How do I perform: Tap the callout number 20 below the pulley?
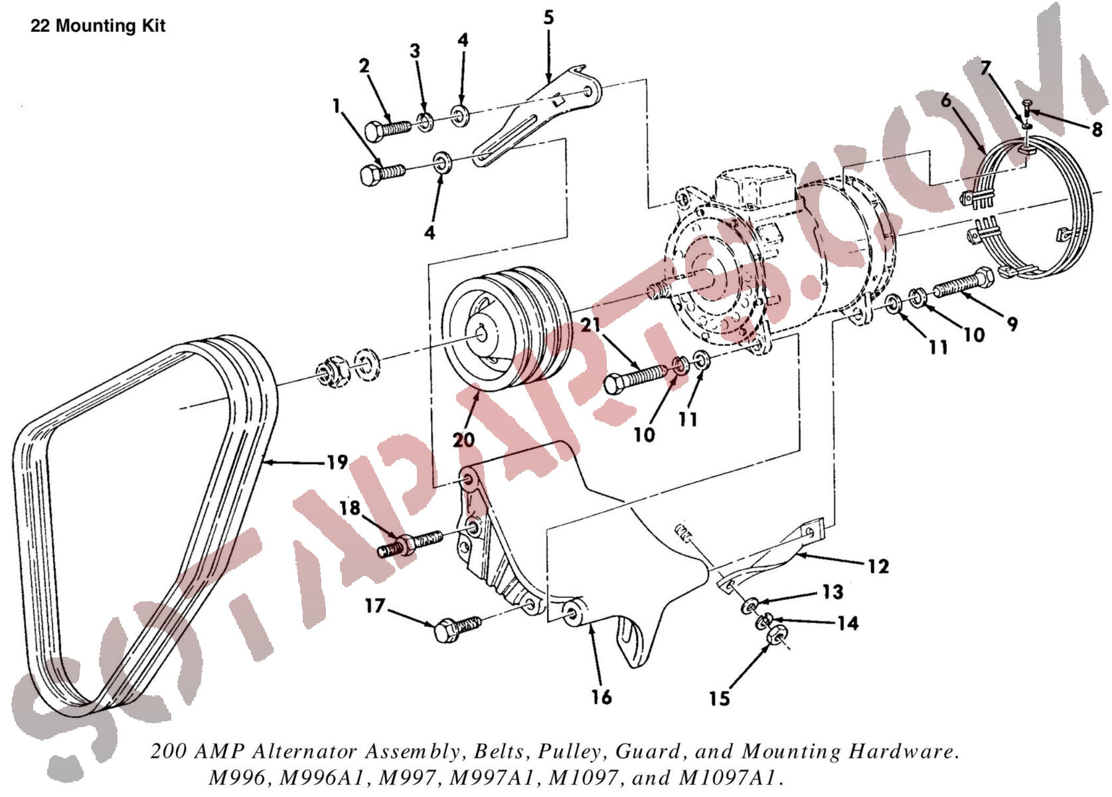[464, 439]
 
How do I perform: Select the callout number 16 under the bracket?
[601, 697]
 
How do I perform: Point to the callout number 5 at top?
[548, 17]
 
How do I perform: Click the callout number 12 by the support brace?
[878, 566]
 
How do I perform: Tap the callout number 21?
[591, 325]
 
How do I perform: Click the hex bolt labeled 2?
[388, 128]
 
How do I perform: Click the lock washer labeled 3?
[425, 121]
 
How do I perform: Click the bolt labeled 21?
[634, 379]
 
